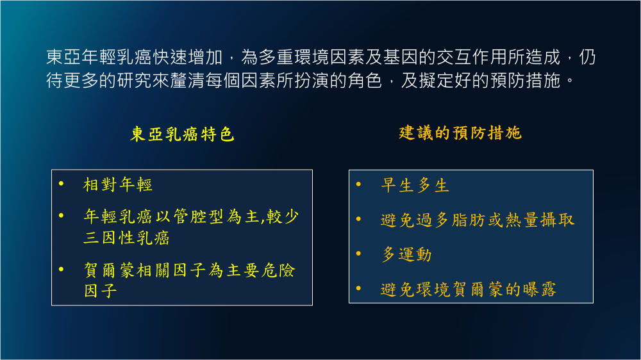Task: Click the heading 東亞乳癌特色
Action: coord(182,134)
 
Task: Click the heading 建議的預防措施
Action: coord(460,133)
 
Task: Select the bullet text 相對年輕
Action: coord(118,184)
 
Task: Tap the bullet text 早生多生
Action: coord(415,186)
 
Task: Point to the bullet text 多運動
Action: coord(406,254)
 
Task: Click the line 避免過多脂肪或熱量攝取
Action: coord(478,220)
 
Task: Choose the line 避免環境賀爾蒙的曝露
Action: coord(469,290)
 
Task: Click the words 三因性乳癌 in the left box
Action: coord(126,238)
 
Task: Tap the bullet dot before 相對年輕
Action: coord(62,184)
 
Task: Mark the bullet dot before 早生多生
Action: coord(358,184)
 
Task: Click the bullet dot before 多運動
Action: coord(358,254)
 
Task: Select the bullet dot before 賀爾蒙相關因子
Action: coord(62,269)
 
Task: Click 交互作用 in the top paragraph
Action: coord(472,57)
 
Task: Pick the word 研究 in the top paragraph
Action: coord(135,81)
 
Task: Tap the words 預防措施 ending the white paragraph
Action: coord(525,81)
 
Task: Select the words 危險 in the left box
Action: coord(278,270)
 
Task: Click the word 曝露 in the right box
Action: coord(540,290)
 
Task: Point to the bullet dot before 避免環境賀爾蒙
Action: coord(358,288)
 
